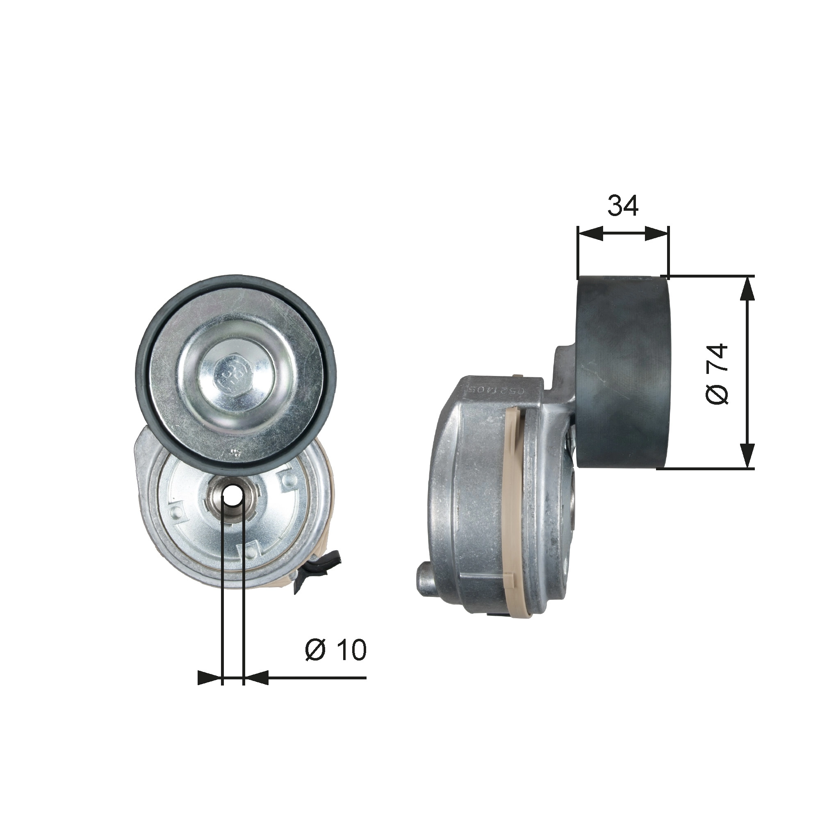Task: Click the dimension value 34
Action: point(623,206)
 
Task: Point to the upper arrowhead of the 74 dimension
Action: point(747,289)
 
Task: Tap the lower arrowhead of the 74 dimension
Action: point(747,456)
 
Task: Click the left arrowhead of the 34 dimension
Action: point(590,233)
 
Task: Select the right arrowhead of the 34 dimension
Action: point(656,233)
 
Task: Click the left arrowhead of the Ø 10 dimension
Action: point(210,678)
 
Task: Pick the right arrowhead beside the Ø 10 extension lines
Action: point(256,678)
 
